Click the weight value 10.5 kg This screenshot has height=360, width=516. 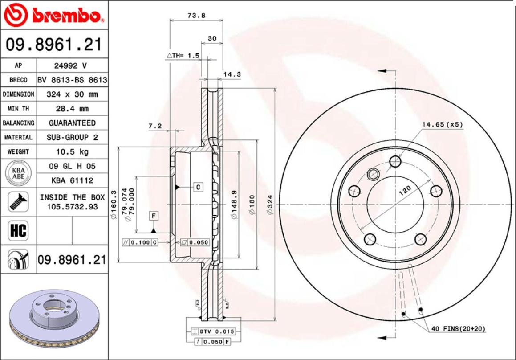pos(72,152)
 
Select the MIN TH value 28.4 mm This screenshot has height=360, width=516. pos(72,109)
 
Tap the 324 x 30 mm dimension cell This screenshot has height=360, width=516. pos(72,94)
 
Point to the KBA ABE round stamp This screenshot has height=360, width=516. pos(18,173)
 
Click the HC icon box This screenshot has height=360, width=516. pos(18,231)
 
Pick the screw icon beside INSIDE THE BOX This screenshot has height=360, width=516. pos(18,202)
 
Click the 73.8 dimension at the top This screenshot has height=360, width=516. pos(196,15)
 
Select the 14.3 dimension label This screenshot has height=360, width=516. pos(232,74)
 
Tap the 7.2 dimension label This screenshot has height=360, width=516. pos(154,126)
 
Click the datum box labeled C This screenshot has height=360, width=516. pos(198,187)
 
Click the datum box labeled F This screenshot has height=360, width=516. pos(154,216)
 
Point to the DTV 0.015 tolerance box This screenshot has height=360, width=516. pos(213,332)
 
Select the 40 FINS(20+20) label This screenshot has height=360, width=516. pos(458,329)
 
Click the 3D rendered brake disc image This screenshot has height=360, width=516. pos(53,319)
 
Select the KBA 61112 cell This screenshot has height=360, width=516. pos(72,180)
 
